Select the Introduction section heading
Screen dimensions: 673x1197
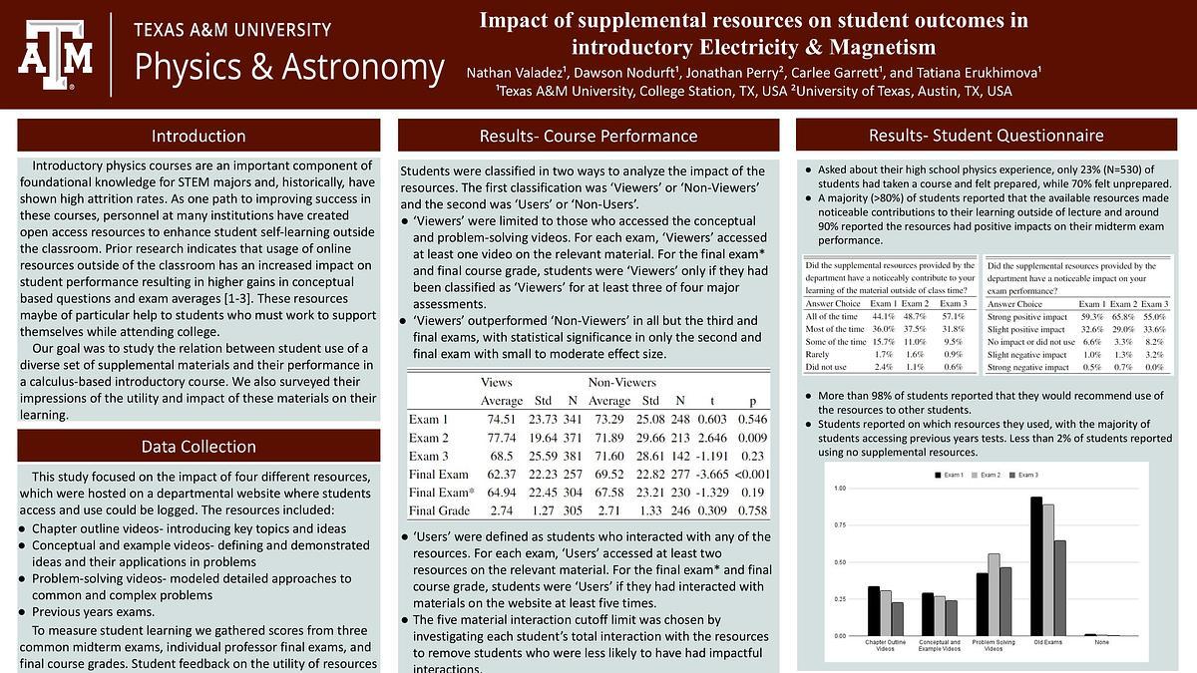pos(198,136)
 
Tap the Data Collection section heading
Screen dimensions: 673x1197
pos(198,446)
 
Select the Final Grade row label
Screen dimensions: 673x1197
pos(439,510)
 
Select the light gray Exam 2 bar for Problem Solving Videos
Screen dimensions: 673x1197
pos(993,594)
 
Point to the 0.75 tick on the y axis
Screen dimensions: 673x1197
pos(839,537)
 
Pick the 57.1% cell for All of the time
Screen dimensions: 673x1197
pos(954,315)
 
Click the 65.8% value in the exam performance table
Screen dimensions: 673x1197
pos(1123,315)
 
